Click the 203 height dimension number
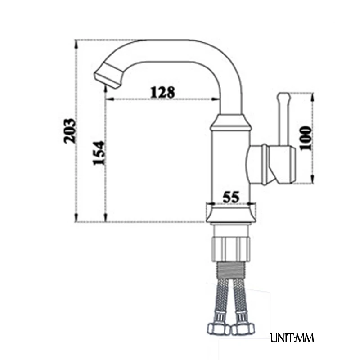70,131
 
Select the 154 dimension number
99,153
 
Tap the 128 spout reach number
162,92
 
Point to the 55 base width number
231,197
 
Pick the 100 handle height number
306,138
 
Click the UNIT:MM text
292,338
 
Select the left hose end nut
218,329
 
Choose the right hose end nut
243,329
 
